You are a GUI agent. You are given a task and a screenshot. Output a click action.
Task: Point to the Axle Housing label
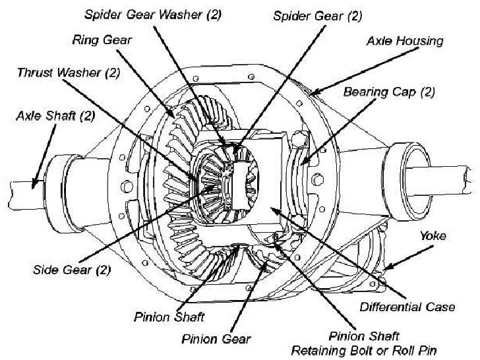pos(405,41)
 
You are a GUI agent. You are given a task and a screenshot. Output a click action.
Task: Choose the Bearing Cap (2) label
pos(389,92)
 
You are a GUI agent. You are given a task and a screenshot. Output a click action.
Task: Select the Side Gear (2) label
pos(71,270)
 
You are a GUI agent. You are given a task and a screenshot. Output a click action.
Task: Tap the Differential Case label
pos(407,307)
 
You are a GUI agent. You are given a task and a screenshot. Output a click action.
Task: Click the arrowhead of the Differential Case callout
pos(272,209)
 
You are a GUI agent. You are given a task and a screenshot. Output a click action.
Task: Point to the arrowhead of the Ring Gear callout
pos(175,116)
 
